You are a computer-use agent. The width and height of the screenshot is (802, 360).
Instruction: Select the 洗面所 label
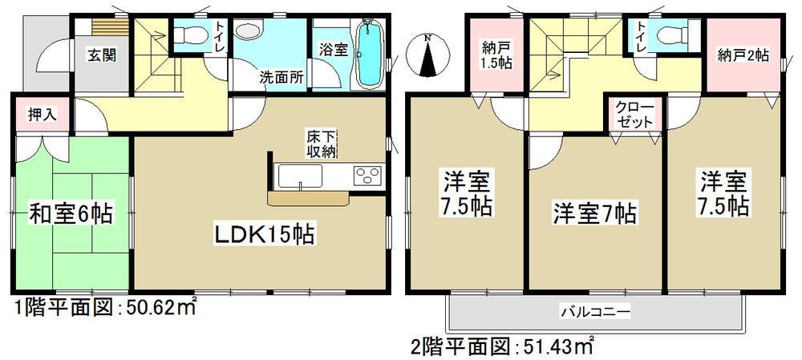(x=280, y=78)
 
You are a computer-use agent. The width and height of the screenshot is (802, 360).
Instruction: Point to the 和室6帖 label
(x=71, y=214)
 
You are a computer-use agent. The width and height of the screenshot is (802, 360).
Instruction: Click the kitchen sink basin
(x=298, y=174)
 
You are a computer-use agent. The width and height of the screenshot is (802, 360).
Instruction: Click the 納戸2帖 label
(x=743, y=56)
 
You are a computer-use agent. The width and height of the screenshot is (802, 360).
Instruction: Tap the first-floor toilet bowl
(x=187, y=33)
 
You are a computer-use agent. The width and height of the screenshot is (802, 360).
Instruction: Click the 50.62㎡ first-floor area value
(x=158, y=307)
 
